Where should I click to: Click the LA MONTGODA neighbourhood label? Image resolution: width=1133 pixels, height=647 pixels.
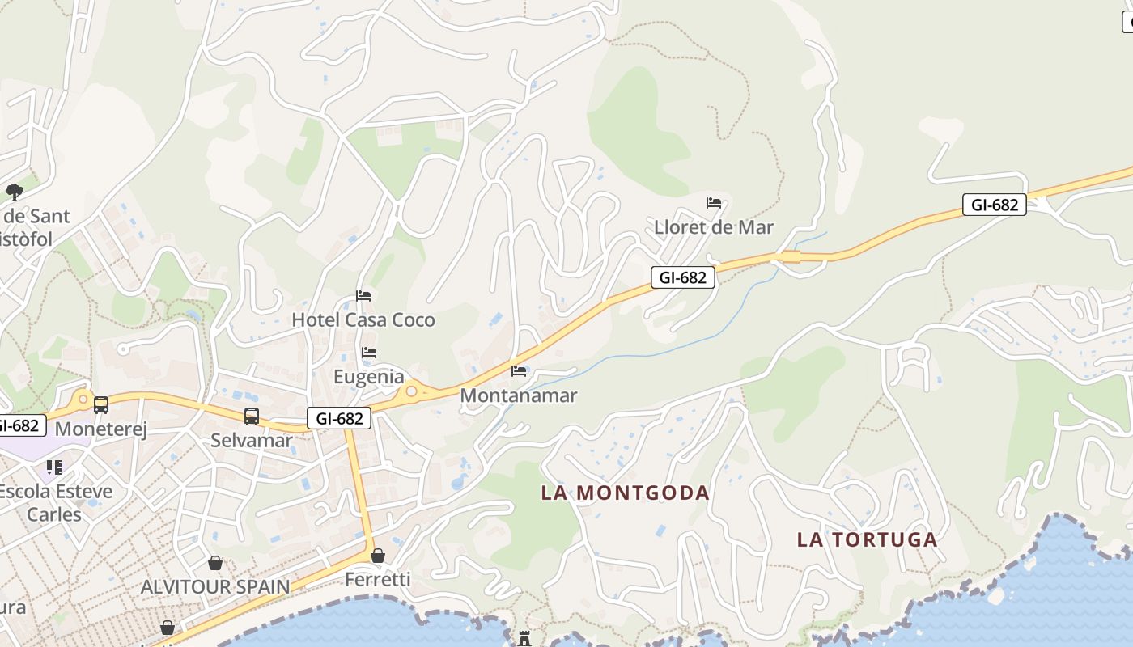click(625, 493)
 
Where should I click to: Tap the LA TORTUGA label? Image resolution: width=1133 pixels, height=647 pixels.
click(867, 539)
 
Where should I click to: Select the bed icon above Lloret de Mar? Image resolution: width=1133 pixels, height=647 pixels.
click(714, 203)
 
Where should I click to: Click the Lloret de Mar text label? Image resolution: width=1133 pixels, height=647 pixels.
click(714, 227)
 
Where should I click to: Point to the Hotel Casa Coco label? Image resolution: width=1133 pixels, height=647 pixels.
click(363, 319)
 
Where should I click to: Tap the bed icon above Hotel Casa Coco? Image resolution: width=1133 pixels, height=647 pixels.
click(363, 296)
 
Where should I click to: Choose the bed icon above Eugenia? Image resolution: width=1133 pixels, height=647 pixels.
click(369, 353)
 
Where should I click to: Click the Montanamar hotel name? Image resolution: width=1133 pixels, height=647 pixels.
click(519, 395)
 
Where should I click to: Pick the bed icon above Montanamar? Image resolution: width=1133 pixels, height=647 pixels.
click(519, 371)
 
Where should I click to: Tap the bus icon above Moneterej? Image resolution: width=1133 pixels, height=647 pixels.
click(101, 405)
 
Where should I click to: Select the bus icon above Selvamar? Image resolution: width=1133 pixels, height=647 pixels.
click(252, 417)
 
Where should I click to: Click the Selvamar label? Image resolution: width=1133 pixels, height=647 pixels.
click(252, 440)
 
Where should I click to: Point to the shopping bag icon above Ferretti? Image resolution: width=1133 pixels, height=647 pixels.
click(378, 556)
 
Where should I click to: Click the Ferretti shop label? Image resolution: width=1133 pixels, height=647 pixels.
click(378, 579)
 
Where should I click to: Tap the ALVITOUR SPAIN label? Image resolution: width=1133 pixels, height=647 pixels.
click(215, 586)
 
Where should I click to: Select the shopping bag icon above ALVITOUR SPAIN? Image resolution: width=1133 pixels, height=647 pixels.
click(215, 563)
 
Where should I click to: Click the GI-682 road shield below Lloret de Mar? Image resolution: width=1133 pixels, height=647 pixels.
click(683, 277)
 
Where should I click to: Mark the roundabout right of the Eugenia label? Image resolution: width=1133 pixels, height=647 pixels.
click(411, 391)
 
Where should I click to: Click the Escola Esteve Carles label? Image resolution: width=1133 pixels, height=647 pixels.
click(54, 502)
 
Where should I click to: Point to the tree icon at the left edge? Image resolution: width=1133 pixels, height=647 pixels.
click(14, 192)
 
